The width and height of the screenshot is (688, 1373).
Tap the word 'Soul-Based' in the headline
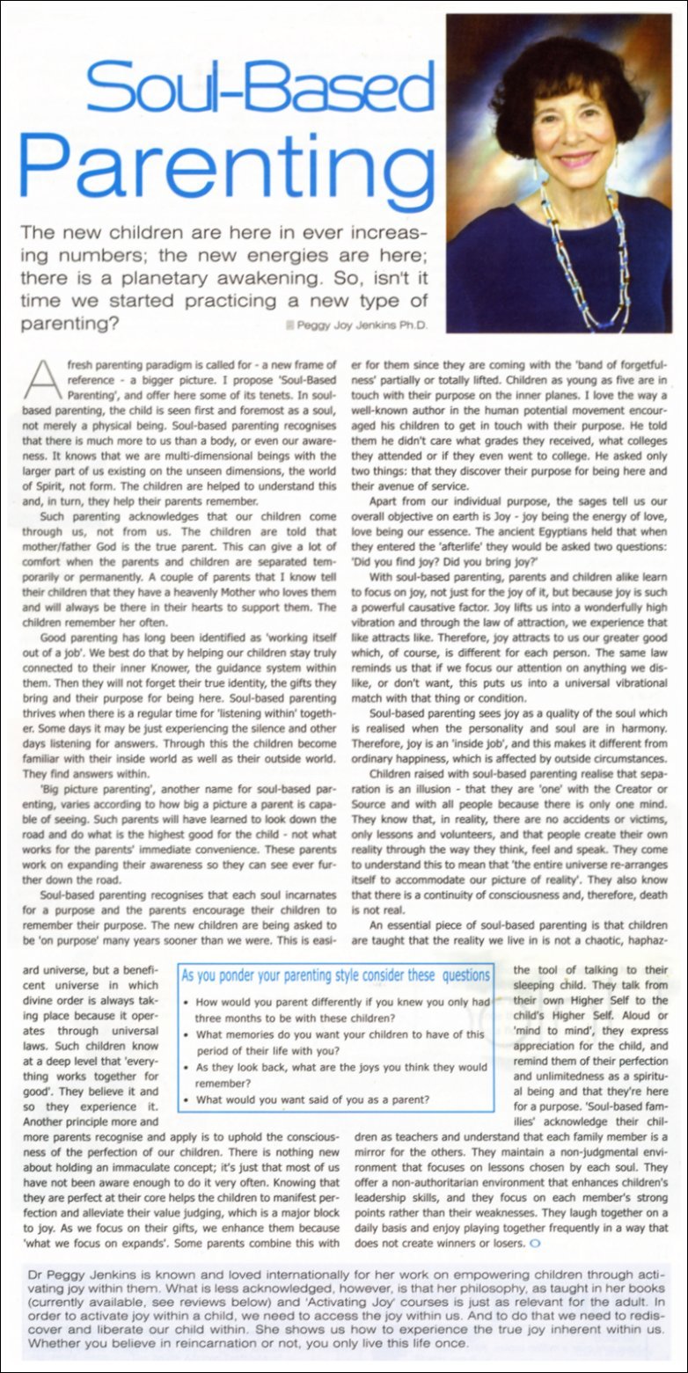[255, 84]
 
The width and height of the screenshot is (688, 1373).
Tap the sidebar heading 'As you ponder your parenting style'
[334, 975]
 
